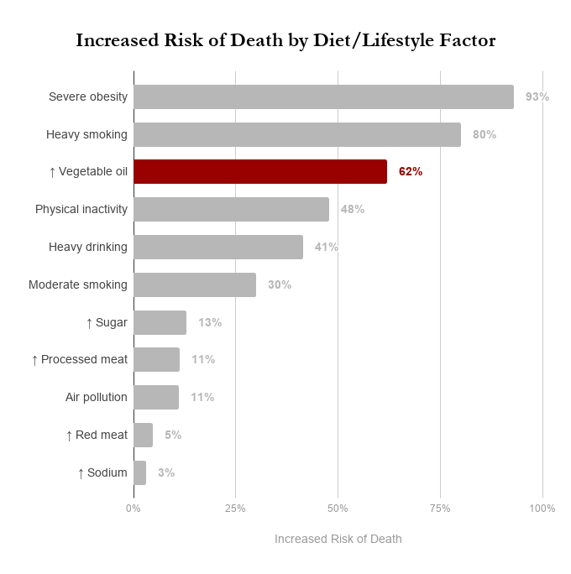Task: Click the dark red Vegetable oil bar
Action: tap(260, 171)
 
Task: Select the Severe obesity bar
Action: tap(323, 97)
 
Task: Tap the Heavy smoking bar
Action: tap(297, 134)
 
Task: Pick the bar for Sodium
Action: tap(139, 472)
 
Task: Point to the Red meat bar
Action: tap(143, 435)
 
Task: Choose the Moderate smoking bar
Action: tap(195, 284)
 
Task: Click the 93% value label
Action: tap(537, 97)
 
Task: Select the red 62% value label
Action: tap(411, 171)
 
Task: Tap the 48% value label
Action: tap(353, 209)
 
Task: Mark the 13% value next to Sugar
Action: tap(210, 322)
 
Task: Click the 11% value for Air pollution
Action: tap(202, 397)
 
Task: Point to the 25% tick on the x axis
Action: tap(235, 509)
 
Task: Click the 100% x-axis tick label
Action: tap(542, 509)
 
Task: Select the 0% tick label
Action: tap(134, 509)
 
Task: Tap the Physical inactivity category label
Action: tap(81, 209)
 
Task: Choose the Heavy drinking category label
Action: tap(88, 247)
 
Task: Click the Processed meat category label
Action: tap(84, 359)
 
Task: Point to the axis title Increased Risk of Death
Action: tap(338, 539)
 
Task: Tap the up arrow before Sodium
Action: tap(81, 473)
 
